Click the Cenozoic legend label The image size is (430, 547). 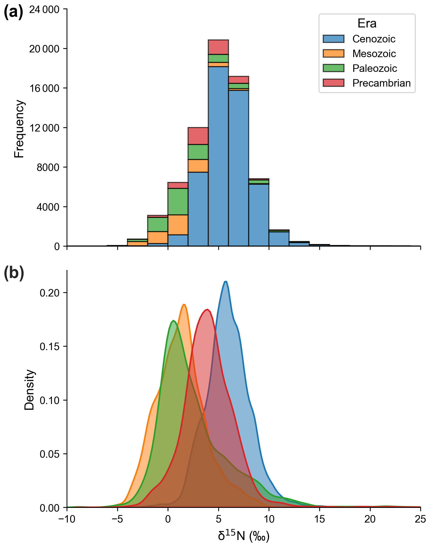pos(374,39)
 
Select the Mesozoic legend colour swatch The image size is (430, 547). pos(333,54)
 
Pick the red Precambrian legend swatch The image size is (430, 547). pos(333,83)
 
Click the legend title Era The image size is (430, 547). pos(367,23)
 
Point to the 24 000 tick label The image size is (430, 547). pos(44,9)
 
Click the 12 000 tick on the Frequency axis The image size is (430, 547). pos(44,128)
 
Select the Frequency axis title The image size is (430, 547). pos(19,129)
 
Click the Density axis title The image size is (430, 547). pos(29,390)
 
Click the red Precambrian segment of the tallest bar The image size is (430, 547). pos(218,47)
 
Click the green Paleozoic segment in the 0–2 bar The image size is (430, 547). pos(178,201)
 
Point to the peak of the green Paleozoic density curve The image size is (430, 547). pos(173,321)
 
